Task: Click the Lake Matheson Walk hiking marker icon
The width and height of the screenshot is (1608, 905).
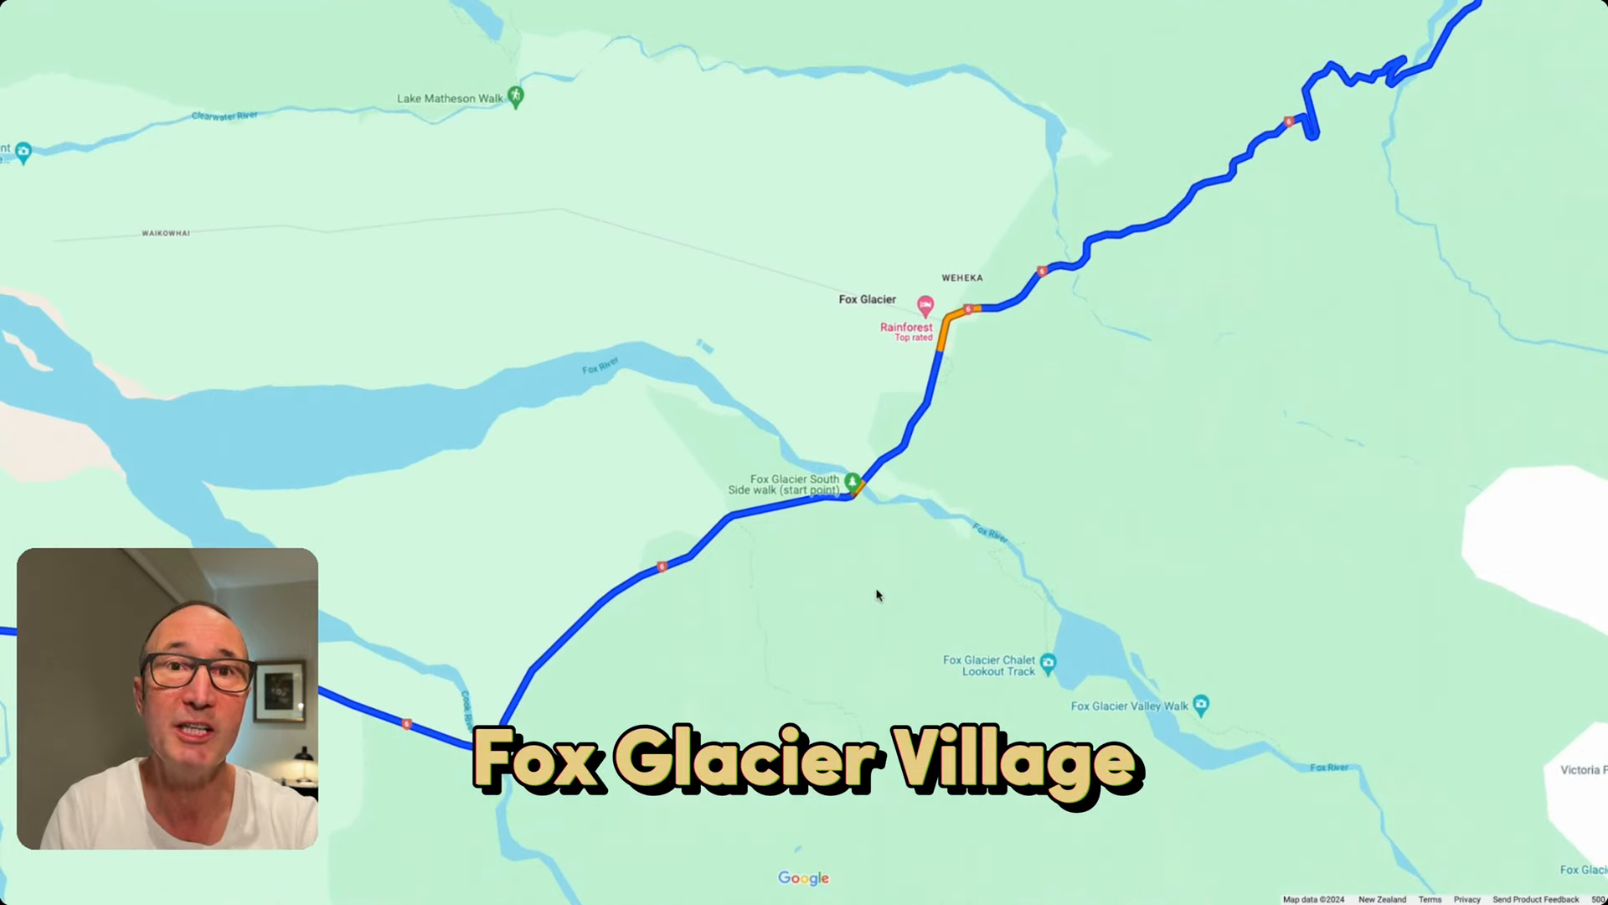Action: [x=516, y=96]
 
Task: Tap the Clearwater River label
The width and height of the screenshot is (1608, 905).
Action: [x=224, y=116]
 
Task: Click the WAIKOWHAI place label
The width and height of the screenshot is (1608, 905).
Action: [x=166, y=233]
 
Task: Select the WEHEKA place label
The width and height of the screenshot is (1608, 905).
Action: [x=961, y=277]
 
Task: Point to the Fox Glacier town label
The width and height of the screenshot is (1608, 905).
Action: [x=867, y=299]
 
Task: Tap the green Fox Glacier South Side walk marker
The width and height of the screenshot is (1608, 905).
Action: [x=852, y=481]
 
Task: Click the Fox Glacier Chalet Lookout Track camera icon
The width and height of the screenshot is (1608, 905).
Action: [x=1048, y=663]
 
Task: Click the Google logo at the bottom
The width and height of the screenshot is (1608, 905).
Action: [x=803, y=877]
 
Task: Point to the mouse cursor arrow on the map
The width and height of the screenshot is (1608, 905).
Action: [x=879, y=595]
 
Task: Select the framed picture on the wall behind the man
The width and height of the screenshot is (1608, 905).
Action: [x=280, y=691]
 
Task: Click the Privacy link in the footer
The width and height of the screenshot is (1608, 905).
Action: [x=1466, y=899]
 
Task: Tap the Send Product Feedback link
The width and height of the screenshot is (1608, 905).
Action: [x=1535, y=899]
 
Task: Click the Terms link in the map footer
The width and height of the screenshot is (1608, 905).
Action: [x=1430, y=899]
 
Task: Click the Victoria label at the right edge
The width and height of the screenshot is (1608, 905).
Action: [x=1581, y=769]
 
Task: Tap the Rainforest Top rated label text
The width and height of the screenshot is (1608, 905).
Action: [x=906, y=332]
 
